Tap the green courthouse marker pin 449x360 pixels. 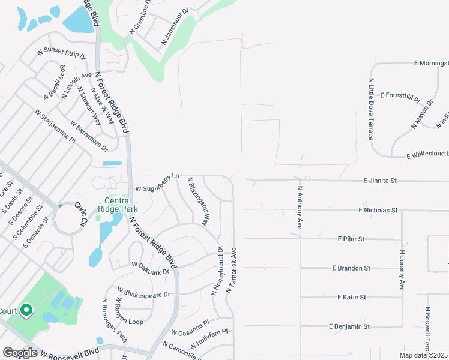26,310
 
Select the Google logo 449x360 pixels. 20,353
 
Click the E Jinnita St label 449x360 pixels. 380,180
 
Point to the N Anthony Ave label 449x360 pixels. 300,206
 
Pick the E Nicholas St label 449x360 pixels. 378,211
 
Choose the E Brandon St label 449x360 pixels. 351,268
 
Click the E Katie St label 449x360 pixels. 352,297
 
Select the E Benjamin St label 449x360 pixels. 349,326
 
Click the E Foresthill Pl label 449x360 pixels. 399,95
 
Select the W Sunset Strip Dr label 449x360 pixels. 61,53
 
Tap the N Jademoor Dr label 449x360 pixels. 175,28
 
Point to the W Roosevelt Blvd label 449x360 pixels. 67,353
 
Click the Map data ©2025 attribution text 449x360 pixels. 423,355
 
